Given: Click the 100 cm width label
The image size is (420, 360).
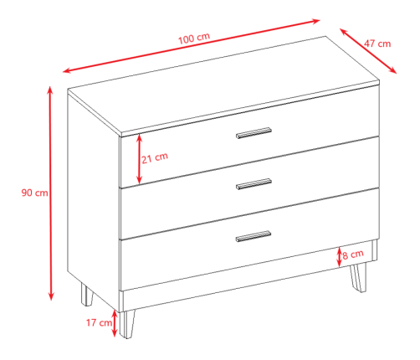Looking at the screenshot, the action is click(194, 39).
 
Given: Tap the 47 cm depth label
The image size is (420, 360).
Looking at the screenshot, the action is click(377, 44).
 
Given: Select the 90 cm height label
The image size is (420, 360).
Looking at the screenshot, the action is click(34, 193).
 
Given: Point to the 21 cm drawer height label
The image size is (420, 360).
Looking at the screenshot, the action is click(155, 158).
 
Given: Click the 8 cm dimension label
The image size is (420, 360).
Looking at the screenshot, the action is click(353, 255).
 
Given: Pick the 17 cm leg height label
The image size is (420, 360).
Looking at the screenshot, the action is click(99, 322).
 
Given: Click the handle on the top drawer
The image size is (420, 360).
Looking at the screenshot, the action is click(254, 133).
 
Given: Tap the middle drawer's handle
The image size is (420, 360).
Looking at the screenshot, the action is click(254, 184).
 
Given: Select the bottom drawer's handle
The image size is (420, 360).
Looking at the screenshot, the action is click(254, 236).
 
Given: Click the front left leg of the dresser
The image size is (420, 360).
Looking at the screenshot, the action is click(127, 324).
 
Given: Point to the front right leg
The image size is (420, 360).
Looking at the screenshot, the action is click(358, 278).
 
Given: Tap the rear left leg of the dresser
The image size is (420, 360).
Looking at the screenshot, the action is click(86, 295).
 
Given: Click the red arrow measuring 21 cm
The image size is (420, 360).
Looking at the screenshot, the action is click(139, 159).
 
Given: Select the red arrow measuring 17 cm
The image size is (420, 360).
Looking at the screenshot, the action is click(115, 323).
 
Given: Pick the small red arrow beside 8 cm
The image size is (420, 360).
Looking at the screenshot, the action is click(339, 257).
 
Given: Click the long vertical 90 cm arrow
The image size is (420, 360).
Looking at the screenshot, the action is click(50, 193).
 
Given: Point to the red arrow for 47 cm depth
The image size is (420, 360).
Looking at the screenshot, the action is click(368, 51).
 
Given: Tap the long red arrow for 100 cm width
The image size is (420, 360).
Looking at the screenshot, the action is click(192, 46).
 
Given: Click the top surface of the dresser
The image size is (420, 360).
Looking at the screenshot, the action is click(223, 85).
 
